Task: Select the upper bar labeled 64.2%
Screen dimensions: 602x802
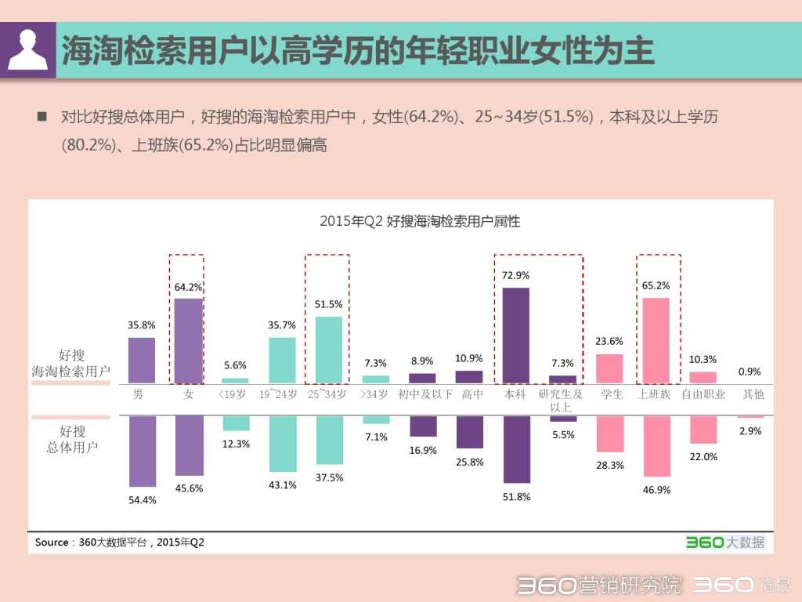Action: click(x=188, y=340)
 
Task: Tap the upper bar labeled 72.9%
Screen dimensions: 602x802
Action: click(x=515, y=335)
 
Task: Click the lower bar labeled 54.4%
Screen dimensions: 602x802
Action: click(x=142, y=451)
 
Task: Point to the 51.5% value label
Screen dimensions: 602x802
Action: click(x=329, y=304)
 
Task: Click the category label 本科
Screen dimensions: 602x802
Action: click(x=515, y=394)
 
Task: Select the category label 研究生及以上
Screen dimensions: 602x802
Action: click(x=561, y=401)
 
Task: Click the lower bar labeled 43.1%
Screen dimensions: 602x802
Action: click(x=283, y=443)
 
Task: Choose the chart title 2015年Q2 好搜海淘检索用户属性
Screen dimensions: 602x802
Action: click(x=420, y=222)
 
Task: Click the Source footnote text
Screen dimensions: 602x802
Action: click(x=119, y=542)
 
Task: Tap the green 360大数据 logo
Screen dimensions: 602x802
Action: click(x=724, y=542)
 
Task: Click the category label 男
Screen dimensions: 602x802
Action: click(x=138, y=394)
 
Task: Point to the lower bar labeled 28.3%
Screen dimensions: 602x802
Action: click(x=610, y=433)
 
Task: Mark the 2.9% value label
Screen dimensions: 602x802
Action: click(x=751, y=431)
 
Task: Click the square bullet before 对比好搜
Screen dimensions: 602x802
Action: click(x=42, y=117)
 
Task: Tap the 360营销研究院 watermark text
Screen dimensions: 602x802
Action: click(x=599, y=585)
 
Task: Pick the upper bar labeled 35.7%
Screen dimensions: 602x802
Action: click(x=282, y=360)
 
